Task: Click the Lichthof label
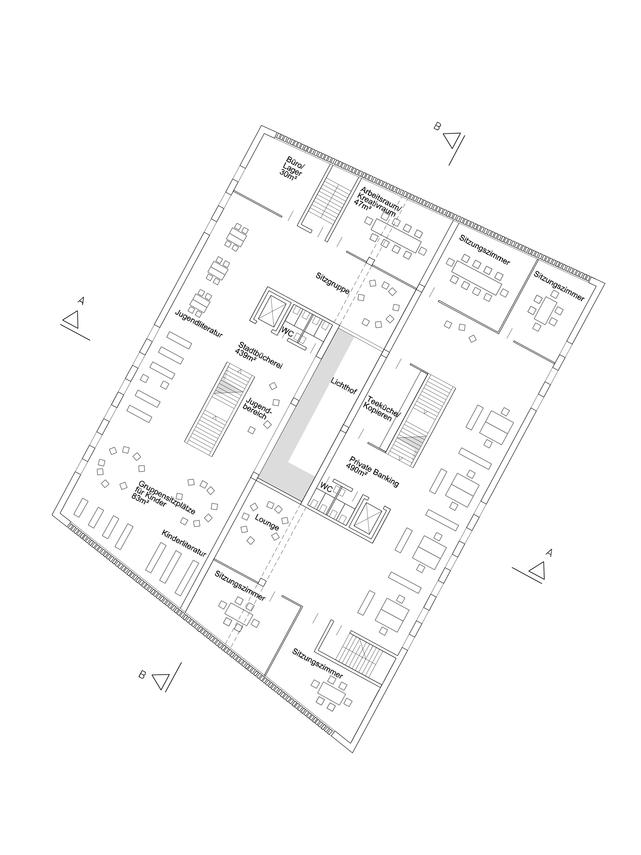point(344,385)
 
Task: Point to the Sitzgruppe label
point(332,283)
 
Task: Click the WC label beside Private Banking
point(326,489)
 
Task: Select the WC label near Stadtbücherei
point(288,332)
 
